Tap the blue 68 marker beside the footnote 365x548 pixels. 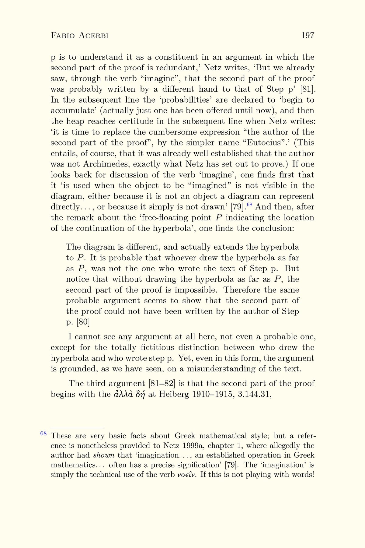43,433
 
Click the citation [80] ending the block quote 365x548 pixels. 83,322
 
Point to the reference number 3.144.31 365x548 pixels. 254,394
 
